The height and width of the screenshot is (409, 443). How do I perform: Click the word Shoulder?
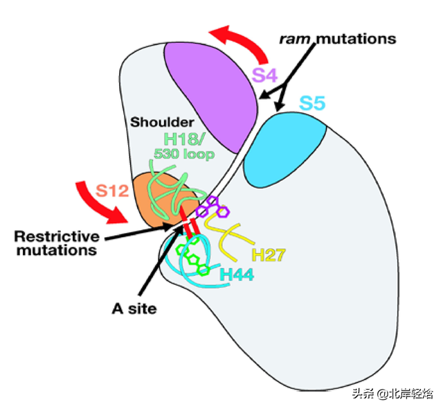coord(154,121)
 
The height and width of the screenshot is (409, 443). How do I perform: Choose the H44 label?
coord(236,274)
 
